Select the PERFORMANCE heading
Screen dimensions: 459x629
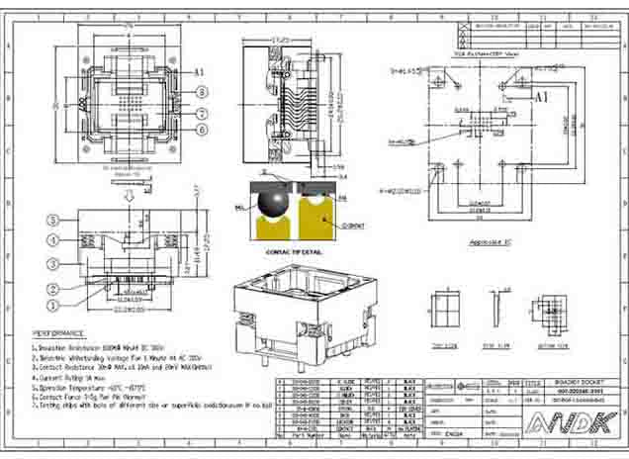[58, 333]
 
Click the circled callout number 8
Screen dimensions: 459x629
[202, 92]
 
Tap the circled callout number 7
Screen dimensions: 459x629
[202, 110]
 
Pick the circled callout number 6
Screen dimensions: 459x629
[202, 130]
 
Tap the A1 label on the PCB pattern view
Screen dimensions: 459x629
[541, 98]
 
